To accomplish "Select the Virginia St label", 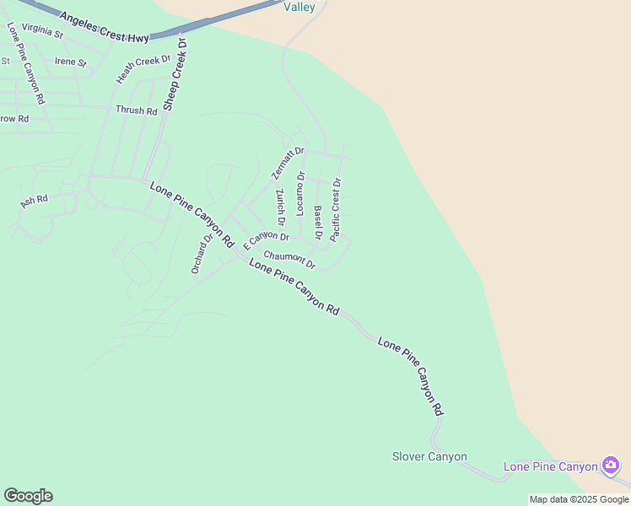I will click(x=42, y=32).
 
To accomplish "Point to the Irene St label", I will click(x=70, y=62).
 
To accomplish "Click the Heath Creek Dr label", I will click(x=143, y=68).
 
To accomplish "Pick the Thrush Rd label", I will click(x=137, y=110).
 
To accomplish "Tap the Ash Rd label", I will click(x=35, y=202).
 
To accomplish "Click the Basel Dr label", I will click(x=318, y=222).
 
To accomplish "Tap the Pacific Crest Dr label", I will click(x=336, y=210).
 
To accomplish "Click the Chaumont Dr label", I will click(x=289, y=260).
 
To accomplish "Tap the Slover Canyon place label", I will click(x=429, y=456).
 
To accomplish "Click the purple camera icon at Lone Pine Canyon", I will click(x=611, y=465).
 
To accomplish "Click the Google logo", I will click(x=28, y=496).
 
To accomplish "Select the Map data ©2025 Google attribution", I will click(x=580, y=499).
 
